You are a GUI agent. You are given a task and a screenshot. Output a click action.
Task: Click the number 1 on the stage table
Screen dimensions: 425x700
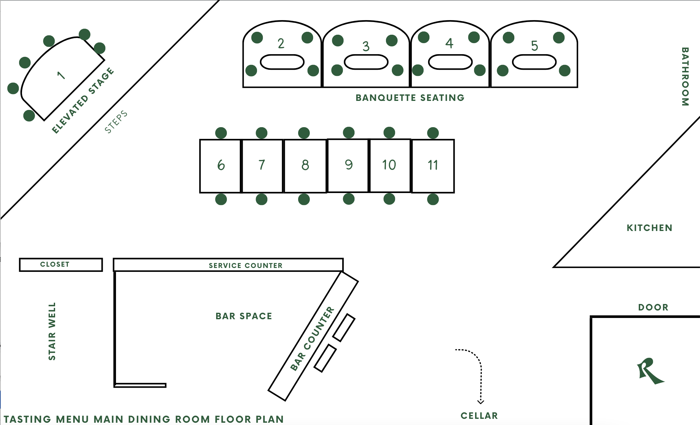61,75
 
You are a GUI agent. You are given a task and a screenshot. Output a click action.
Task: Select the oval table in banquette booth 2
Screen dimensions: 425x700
282,62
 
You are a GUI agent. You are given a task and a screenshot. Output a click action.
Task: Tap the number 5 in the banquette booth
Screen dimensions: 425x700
534,46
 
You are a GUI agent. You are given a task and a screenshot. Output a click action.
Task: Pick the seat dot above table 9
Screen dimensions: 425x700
348,132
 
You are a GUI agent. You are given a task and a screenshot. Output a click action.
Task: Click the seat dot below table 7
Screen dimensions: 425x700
262,199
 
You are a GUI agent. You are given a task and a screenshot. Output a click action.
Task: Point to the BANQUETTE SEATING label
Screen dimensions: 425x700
410,98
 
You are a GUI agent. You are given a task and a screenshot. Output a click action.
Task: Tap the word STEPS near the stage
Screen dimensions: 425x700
116,122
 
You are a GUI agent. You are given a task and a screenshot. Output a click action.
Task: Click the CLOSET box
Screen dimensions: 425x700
61,264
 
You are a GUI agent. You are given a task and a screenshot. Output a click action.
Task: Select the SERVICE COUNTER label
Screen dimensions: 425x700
245,265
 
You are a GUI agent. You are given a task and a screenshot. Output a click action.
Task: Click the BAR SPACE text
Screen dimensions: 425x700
244,316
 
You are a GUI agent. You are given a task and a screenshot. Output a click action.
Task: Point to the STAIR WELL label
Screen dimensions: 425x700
52,331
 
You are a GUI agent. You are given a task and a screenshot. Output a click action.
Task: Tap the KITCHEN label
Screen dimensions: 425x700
649,228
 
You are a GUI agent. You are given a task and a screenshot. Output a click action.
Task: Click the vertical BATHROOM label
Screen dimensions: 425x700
685,77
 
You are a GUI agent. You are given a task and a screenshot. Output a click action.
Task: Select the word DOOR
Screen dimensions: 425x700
653,307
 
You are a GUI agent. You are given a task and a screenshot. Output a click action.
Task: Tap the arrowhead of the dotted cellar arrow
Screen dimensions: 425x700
481,402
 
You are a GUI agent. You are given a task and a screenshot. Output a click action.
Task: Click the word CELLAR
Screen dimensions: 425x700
479,416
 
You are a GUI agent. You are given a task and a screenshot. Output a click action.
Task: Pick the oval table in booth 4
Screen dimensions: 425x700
450,62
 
